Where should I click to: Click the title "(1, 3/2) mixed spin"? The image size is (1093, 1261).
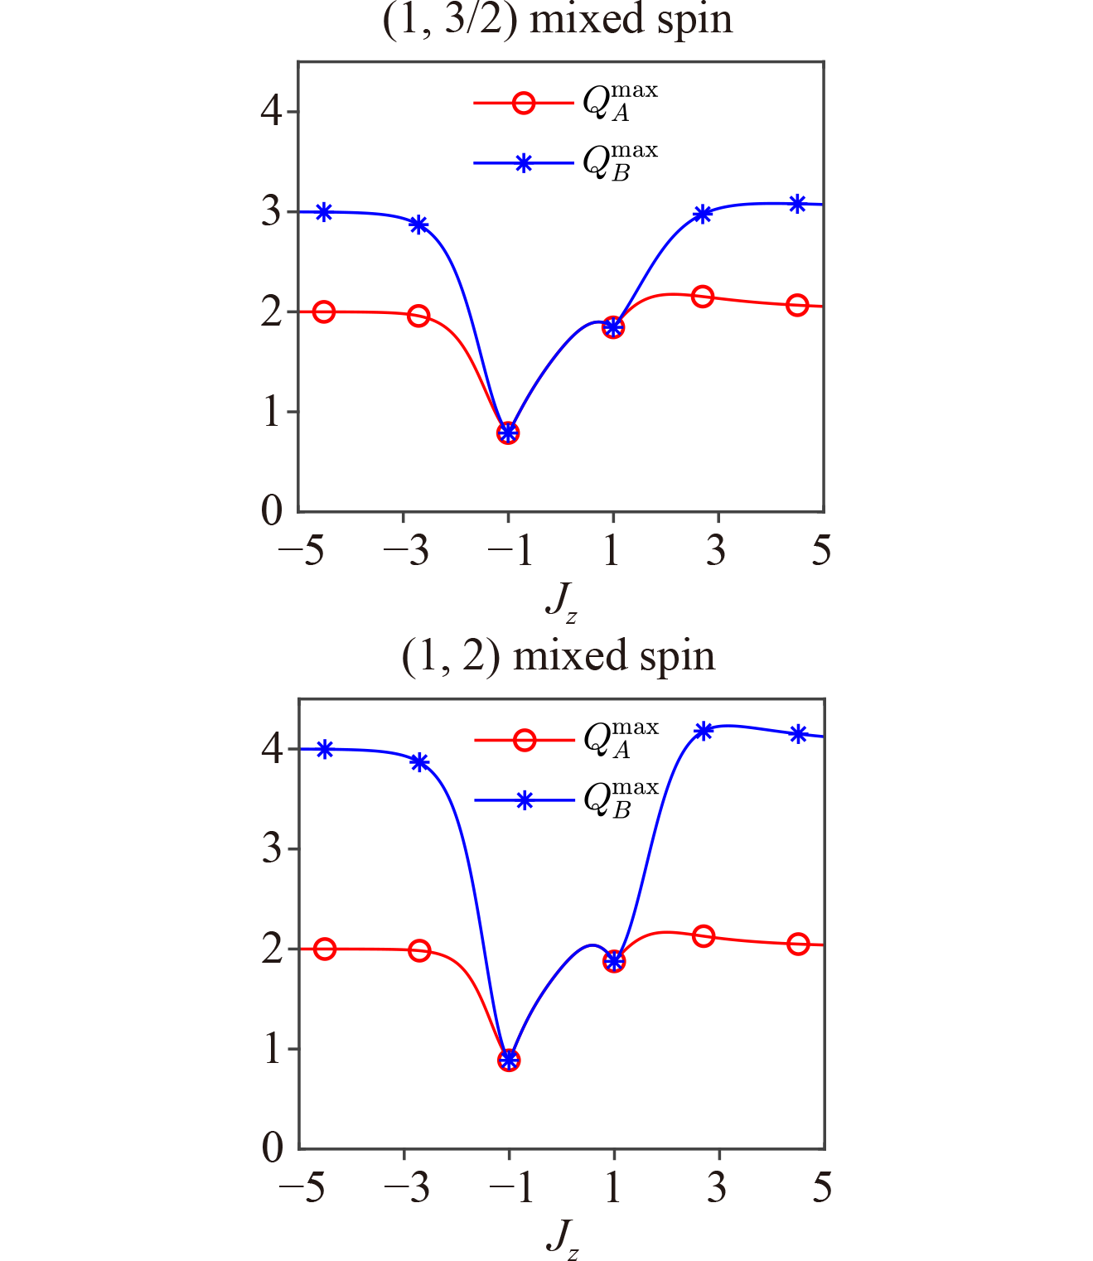pyautogui.click(x=557, y=20)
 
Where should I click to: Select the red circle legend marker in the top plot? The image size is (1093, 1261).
pyautogui.click(x=524, y=104)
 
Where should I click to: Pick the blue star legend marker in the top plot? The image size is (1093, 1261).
pyautogui.click(x=524, y=163)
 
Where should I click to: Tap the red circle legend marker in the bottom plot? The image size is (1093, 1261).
pyautogui.click(x=525, y=740)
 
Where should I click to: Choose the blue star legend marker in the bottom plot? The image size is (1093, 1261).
pyautogui.click(x=525, y=800)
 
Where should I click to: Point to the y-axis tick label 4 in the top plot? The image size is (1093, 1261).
pyautogui.click(x=271, y=111)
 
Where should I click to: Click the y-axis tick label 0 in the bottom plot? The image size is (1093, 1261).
pyautogui.click(x=272, y=1148)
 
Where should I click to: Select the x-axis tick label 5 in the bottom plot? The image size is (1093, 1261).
pyautogui.click(x=821, y=1188)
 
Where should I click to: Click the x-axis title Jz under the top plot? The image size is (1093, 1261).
pyautogui.click(x=559, y=602)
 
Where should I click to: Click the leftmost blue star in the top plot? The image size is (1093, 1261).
pyautogui.click(x=324, y=212)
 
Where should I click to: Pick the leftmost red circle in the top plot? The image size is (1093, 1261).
pyautogui.click(x=324, y=312)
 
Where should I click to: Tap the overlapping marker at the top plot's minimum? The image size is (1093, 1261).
pyautogui.click(x=508, y=432)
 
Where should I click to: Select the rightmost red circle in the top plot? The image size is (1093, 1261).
pyautogui.click(x=797, y=305)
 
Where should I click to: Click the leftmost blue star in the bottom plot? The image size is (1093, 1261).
pyautogui.click(x=325, y=749)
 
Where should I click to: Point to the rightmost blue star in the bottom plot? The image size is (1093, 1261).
pyautogui.click(x=798, y=734)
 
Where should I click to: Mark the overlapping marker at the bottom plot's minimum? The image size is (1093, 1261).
pyautogui.click(x=509, y=1060)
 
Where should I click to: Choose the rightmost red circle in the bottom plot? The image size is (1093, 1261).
pyautogui.click(x=798, y=944)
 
